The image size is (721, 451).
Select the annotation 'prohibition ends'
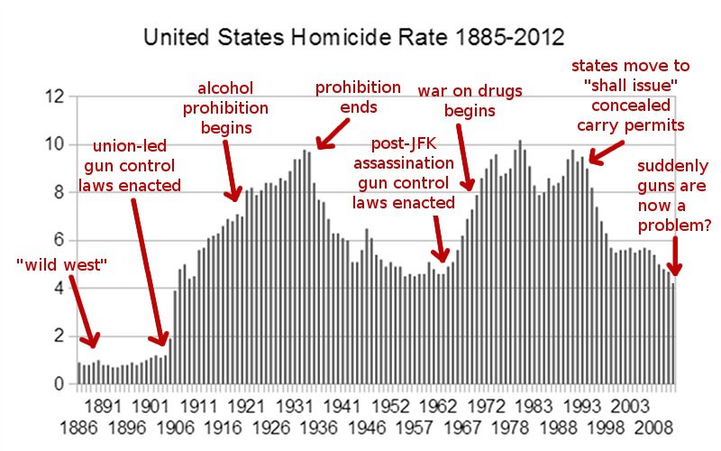pyautogui.click(x=357, y=97)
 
